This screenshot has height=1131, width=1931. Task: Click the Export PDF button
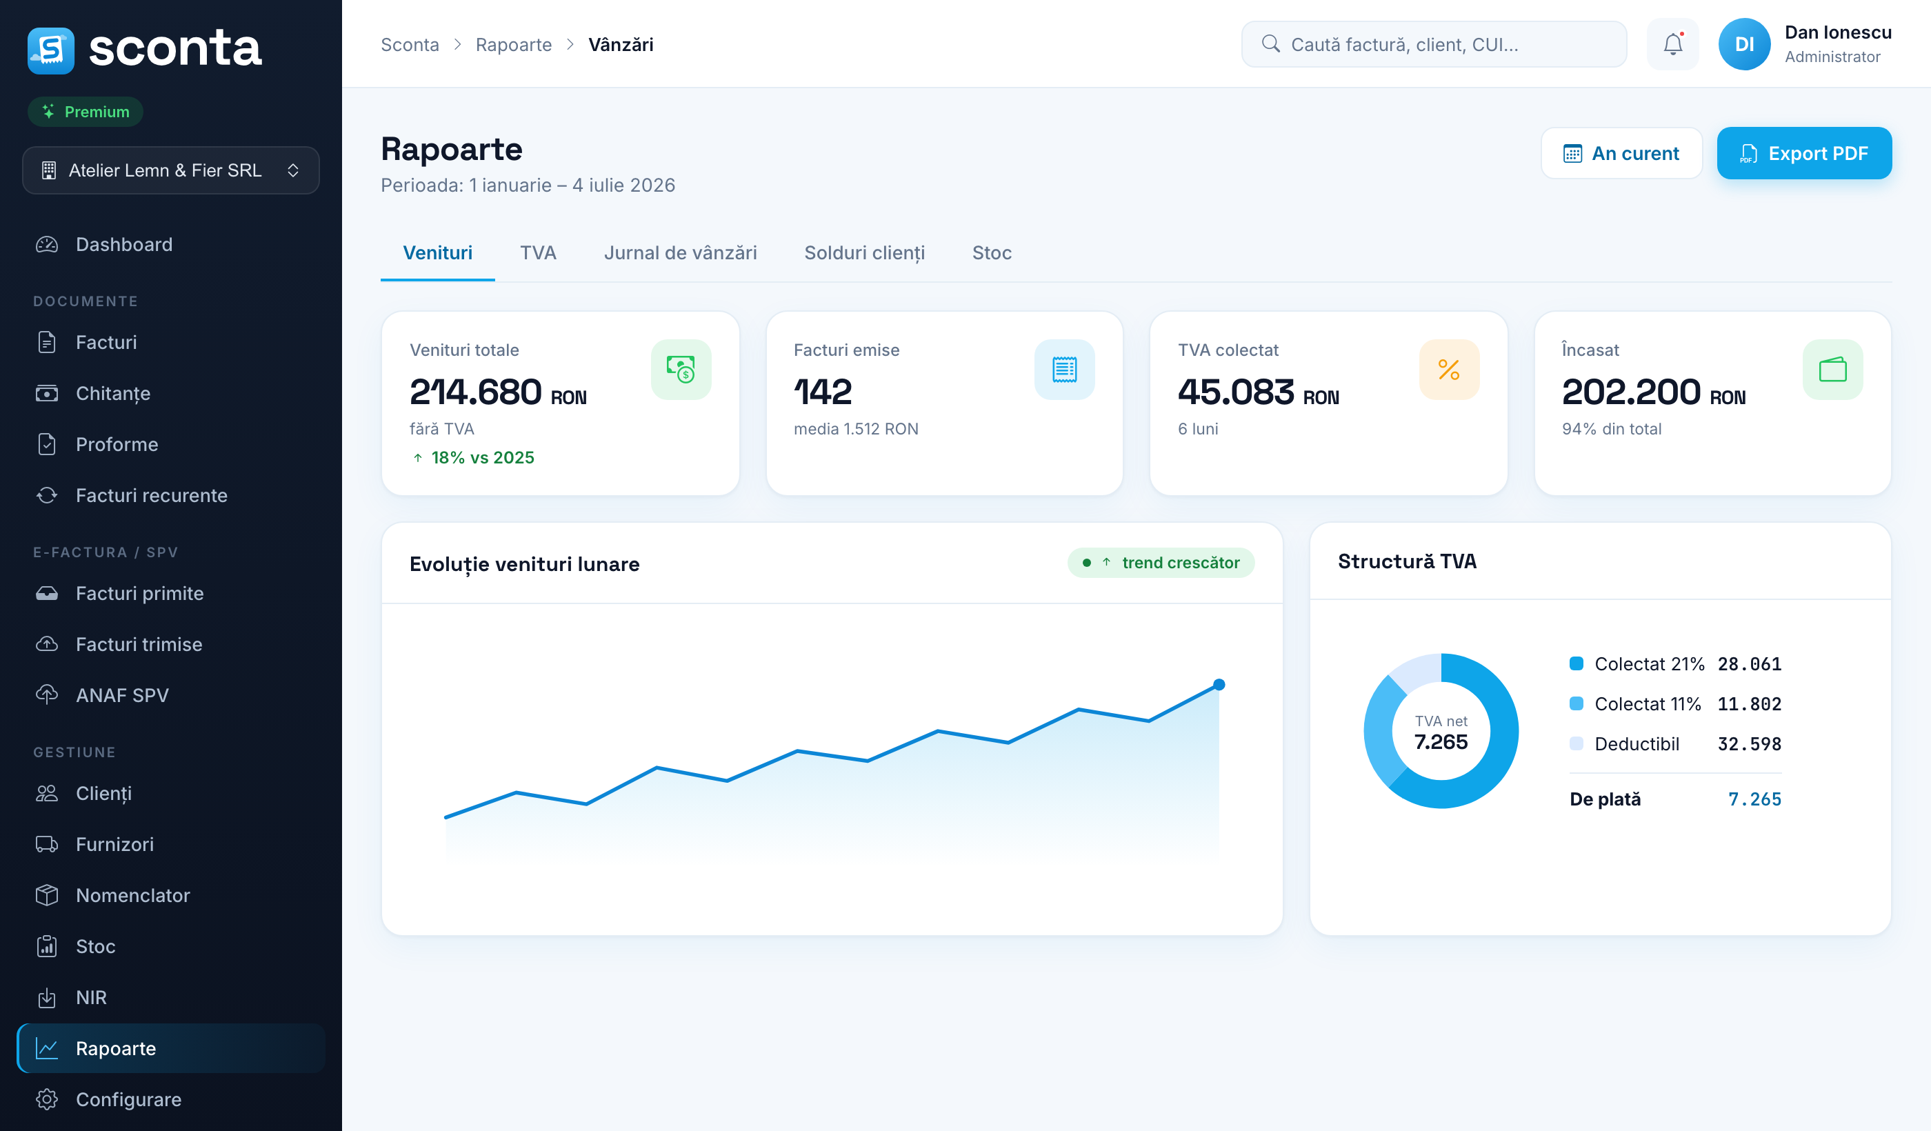click(1804, 153)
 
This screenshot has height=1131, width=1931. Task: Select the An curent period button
click(1621, 153)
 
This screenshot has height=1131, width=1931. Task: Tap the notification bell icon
click(1673, 44)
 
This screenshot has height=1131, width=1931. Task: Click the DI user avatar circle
click(1744, 44)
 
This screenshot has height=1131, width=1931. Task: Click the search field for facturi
click(1434, 44)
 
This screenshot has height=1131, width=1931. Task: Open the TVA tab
click(538, 253)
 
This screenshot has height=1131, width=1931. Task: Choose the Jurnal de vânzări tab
click(681, 253)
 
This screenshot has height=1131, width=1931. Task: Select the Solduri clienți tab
click(864, 253)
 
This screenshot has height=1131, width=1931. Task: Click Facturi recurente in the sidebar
click(152, 495)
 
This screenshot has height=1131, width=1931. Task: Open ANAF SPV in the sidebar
click(123, 695)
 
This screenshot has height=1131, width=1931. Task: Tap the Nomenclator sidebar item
click(132, 895)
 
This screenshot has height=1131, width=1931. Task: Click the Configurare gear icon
click(47, 1099)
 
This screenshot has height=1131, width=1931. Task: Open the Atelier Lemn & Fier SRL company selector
click(171, 170)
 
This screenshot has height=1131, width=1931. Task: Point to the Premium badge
click(86, 112)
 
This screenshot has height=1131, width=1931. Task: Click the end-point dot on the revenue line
click(1219, 684)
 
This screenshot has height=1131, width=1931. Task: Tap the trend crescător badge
click(1161, 563)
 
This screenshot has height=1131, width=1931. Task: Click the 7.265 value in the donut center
click(1441, 742)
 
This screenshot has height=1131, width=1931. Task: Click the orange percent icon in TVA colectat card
click(1448, 370)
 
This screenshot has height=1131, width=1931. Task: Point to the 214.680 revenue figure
click(475, 392)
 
